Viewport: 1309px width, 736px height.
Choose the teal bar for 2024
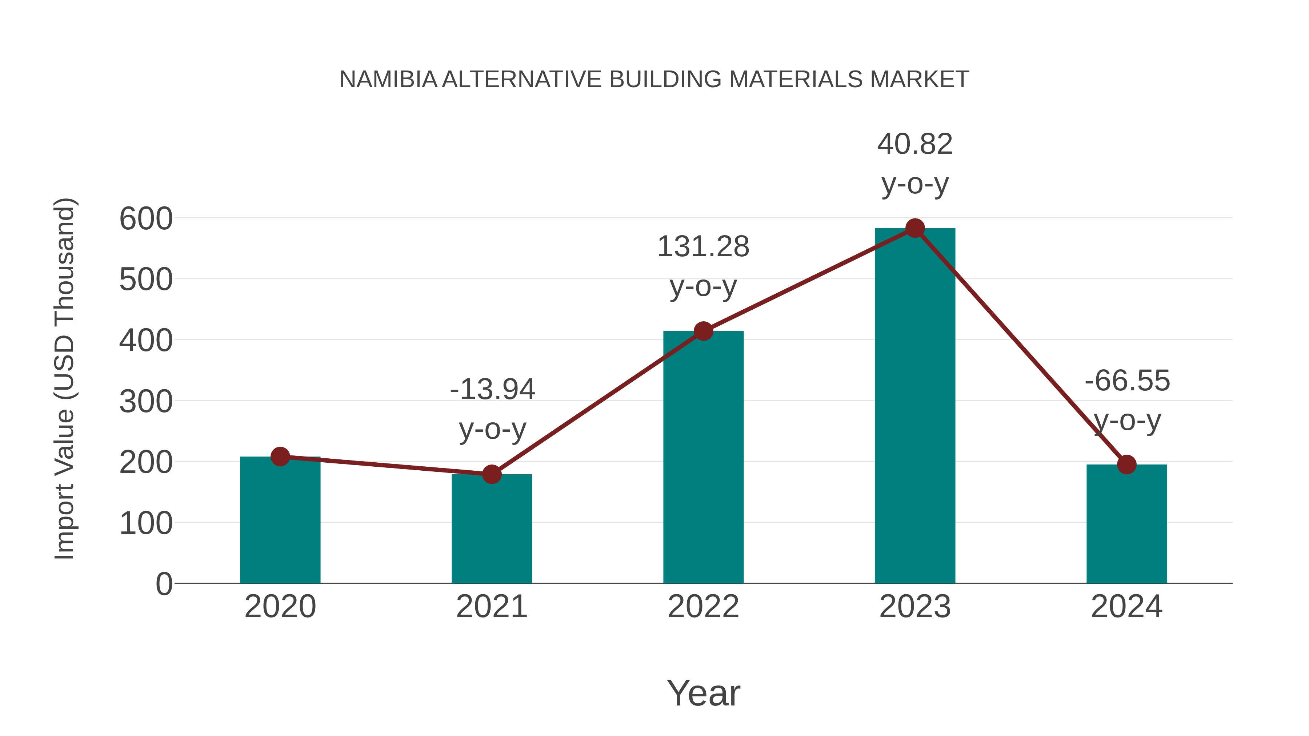coord(1126,526)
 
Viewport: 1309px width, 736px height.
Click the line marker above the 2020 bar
coord(280,457)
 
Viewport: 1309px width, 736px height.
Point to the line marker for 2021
coord(491,474)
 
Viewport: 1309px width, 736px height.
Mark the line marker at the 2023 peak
coord(915,228)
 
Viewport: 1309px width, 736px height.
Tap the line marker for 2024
coord(1126,464)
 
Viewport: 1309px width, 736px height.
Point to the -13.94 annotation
coord(492,409)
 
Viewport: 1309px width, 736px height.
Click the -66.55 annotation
coord(1127,400)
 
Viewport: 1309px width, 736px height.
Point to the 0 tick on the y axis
coord(164,584)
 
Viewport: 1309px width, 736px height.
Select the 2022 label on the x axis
coord(703,607)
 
